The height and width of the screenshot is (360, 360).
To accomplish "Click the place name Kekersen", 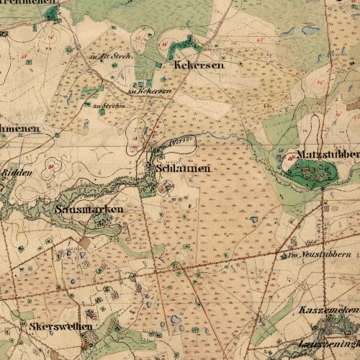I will pyautogui.click(x=199, y=65).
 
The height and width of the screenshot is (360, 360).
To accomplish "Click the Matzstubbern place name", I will pyautogui.click(x=328, y=155).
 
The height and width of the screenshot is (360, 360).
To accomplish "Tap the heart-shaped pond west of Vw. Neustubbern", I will pyautogui.click(x=253, y=218).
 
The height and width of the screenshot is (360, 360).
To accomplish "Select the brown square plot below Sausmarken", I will pyautogui.click(x=85, y=243).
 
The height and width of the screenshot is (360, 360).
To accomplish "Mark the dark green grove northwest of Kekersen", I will pyautogui.click(x=185, y=44).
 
